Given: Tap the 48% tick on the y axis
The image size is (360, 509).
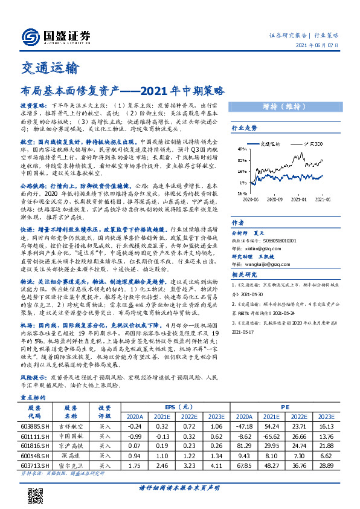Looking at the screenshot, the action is (x=240, y=148).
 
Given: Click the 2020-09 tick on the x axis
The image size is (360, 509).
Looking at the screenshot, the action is (x=272, y=197).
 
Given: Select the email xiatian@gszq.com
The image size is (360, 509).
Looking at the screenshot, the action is (x=255, y=248).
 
